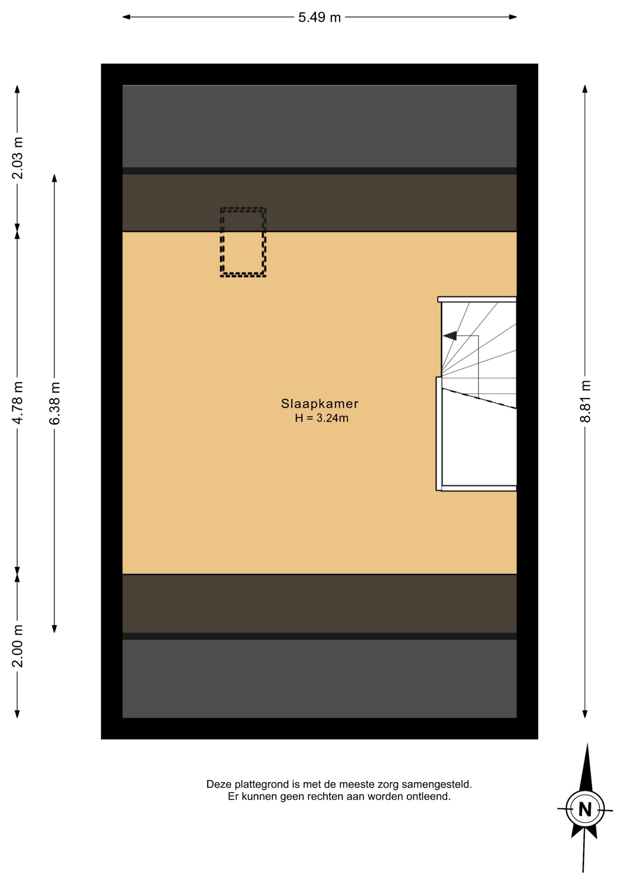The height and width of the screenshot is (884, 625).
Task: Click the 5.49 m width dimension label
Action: (319, 17)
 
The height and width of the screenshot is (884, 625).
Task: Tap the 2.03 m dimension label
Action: (17, 158)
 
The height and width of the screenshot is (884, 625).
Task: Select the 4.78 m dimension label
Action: (17, 402)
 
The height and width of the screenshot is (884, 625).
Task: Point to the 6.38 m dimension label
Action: (54, 403)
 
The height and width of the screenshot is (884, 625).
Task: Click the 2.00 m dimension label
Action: (17, 646)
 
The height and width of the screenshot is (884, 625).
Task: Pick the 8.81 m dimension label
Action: (585, 401)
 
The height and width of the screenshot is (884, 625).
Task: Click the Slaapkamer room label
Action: (319, 404)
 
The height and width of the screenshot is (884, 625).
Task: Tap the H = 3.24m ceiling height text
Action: (322, 418)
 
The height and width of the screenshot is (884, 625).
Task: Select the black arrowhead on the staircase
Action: (450, 336)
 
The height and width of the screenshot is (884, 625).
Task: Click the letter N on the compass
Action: (585, 809)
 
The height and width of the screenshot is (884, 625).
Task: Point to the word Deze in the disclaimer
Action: (219, 784)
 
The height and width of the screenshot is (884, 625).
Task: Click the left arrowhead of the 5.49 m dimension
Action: (126, 17)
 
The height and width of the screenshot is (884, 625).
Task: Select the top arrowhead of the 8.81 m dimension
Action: (585, 89)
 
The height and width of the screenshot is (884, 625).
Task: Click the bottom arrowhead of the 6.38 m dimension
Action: (54, 628)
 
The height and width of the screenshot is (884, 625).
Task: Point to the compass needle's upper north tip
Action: (587, 744)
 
